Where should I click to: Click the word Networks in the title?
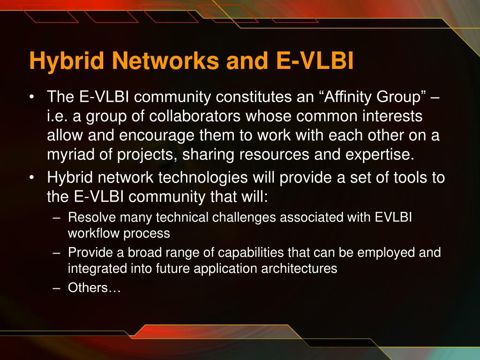pos(165,60)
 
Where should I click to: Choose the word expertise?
pos(380,155)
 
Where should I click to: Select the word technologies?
pos(203,178)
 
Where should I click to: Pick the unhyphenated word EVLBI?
pos(393,217)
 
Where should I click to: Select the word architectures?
pos(299,269)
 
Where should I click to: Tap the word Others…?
pos(94,288)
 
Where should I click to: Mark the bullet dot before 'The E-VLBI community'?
pos(31,97)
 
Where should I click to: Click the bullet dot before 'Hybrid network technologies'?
pos(31,178)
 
